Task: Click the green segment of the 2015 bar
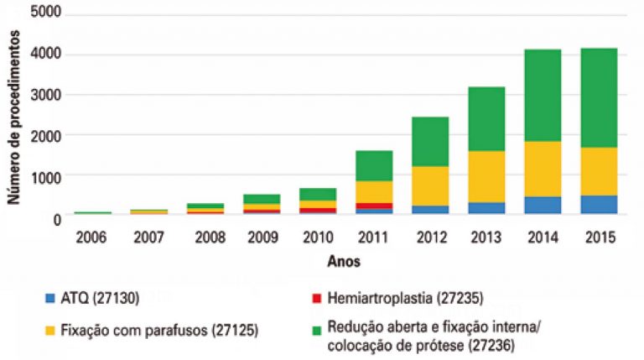[x=598, y=97]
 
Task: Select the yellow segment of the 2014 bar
[x=542, y=169]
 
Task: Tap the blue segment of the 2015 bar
[x=598, y=205]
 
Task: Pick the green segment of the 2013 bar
[x=486, y=118]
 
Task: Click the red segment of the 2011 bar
[x=373, y=206]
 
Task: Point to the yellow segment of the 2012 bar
[x=429, y=185]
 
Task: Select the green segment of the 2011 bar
[x=373, y=165]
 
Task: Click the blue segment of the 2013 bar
[x=486, y=208]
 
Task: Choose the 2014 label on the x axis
[x=542, y=237]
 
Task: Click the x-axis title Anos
[x=345, y=261]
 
